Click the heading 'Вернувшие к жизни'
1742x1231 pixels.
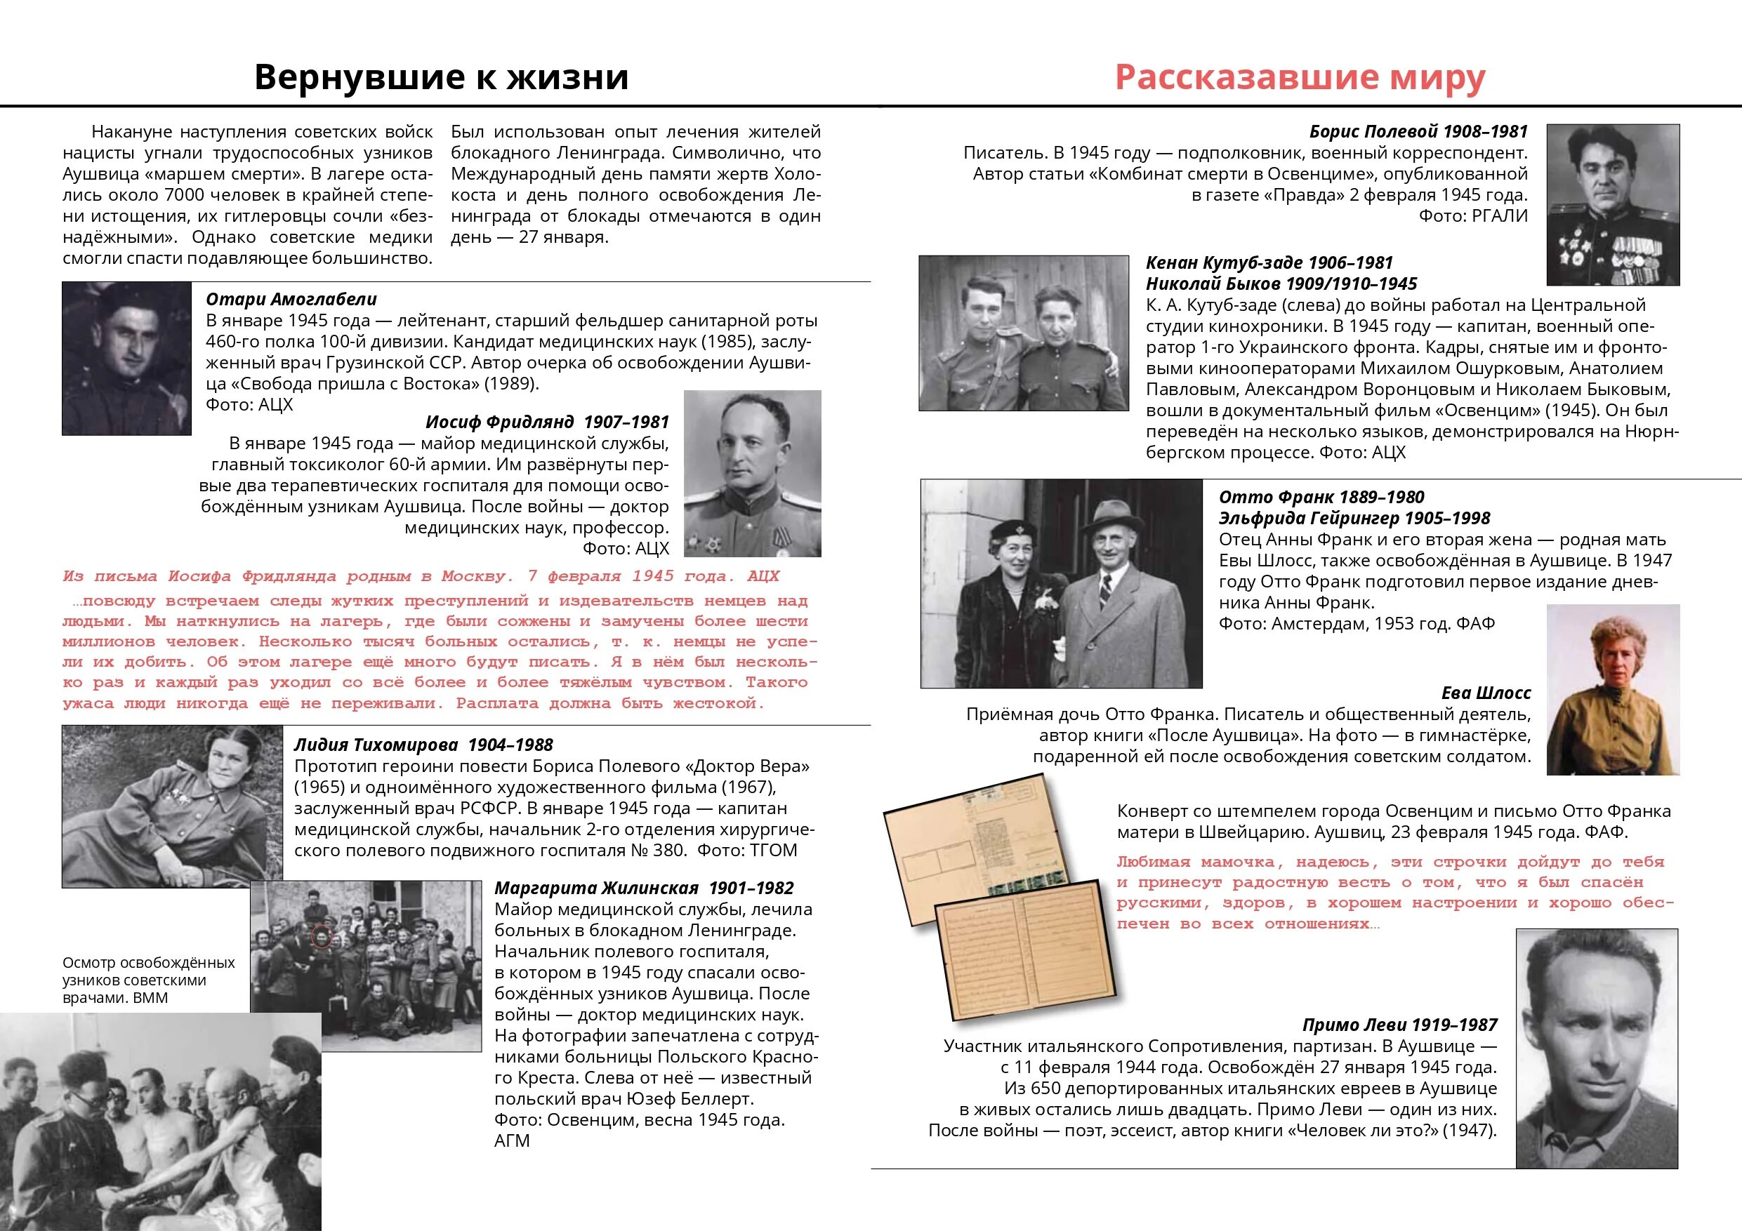[x=441, y=77]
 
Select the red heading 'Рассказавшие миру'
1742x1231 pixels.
[x=1300, y=77]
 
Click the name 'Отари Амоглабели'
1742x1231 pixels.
[x=291, y=299]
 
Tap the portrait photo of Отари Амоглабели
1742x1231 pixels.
[x=126, y=358]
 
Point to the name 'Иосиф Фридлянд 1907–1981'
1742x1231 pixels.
[x=547, y=422]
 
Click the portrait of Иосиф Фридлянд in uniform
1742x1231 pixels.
[x=752, y=473]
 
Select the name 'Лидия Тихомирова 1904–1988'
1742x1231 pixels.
[x=423, y=745]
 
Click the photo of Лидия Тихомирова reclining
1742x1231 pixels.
[x=171, y=806]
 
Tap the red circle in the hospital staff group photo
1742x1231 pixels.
[x=322, y=938]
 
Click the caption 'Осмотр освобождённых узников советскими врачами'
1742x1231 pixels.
[x=149, y=980]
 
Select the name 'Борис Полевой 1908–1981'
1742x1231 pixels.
[x=1418, y=131]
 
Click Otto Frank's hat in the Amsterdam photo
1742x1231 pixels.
[x=1111, y=517]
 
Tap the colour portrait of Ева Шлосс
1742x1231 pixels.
[x=1613, y=688]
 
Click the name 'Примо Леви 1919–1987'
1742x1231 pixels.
[x=1400, y=1025]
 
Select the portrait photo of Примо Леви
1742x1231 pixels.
[x=1597, y=1046]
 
